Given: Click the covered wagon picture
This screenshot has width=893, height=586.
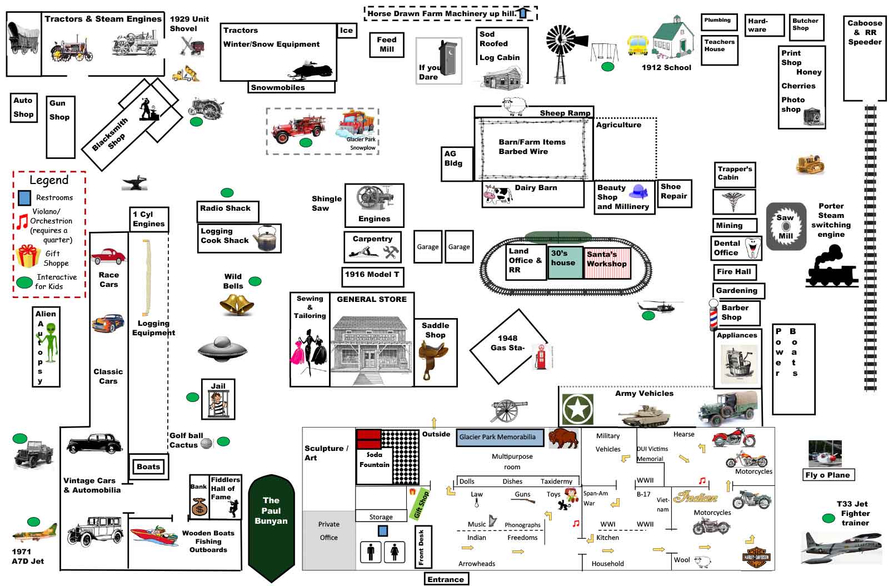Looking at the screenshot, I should [x=23, y=38].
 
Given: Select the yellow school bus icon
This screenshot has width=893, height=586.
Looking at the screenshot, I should [x=638, y=45].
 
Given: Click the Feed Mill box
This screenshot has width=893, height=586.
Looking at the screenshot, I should [x=387, y=44].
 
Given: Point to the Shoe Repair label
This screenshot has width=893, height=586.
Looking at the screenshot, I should [x=674, y=192].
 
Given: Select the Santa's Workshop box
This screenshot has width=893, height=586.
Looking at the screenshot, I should [x=607, y=262].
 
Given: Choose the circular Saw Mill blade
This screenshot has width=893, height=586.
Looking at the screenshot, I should [x=786, y=226].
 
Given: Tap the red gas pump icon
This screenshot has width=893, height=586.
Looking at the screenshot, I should [x=541, y=356].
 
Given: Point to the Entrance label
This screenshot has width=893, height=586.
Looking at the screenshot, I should [x=446, y=579].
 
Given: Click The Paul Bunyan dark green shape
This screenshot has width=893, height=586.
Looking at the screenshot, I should [x=271, y=523].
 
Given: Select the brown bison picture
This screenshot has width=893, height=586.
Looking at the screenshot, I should [x=563, y=438].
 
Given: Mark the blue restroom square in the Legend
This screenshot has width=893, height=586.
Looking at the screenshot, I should [x=24, y=197].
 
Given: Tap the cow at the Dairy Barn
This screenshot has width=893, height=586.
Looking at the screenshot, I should [x=497, y=195].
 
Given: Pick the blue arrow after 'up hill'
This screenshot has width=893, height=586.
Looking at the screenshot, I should [x=523, y=13].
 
